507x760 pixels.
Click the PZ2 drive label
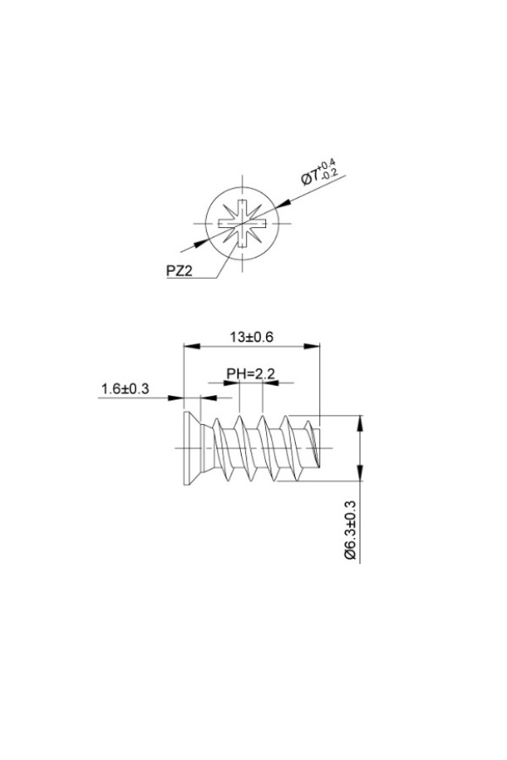coord(179,270)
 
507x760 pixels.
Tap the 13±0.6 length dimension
coord(252,336)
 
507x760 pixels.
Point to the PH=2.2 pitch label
coord(251,374)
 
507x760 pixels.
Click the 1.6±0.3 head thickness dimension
coord(125,388)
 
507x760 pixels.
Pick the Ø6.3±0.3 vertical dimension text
coord(351,530)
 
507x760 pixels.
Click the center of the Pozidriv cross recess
coord(243,224)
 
